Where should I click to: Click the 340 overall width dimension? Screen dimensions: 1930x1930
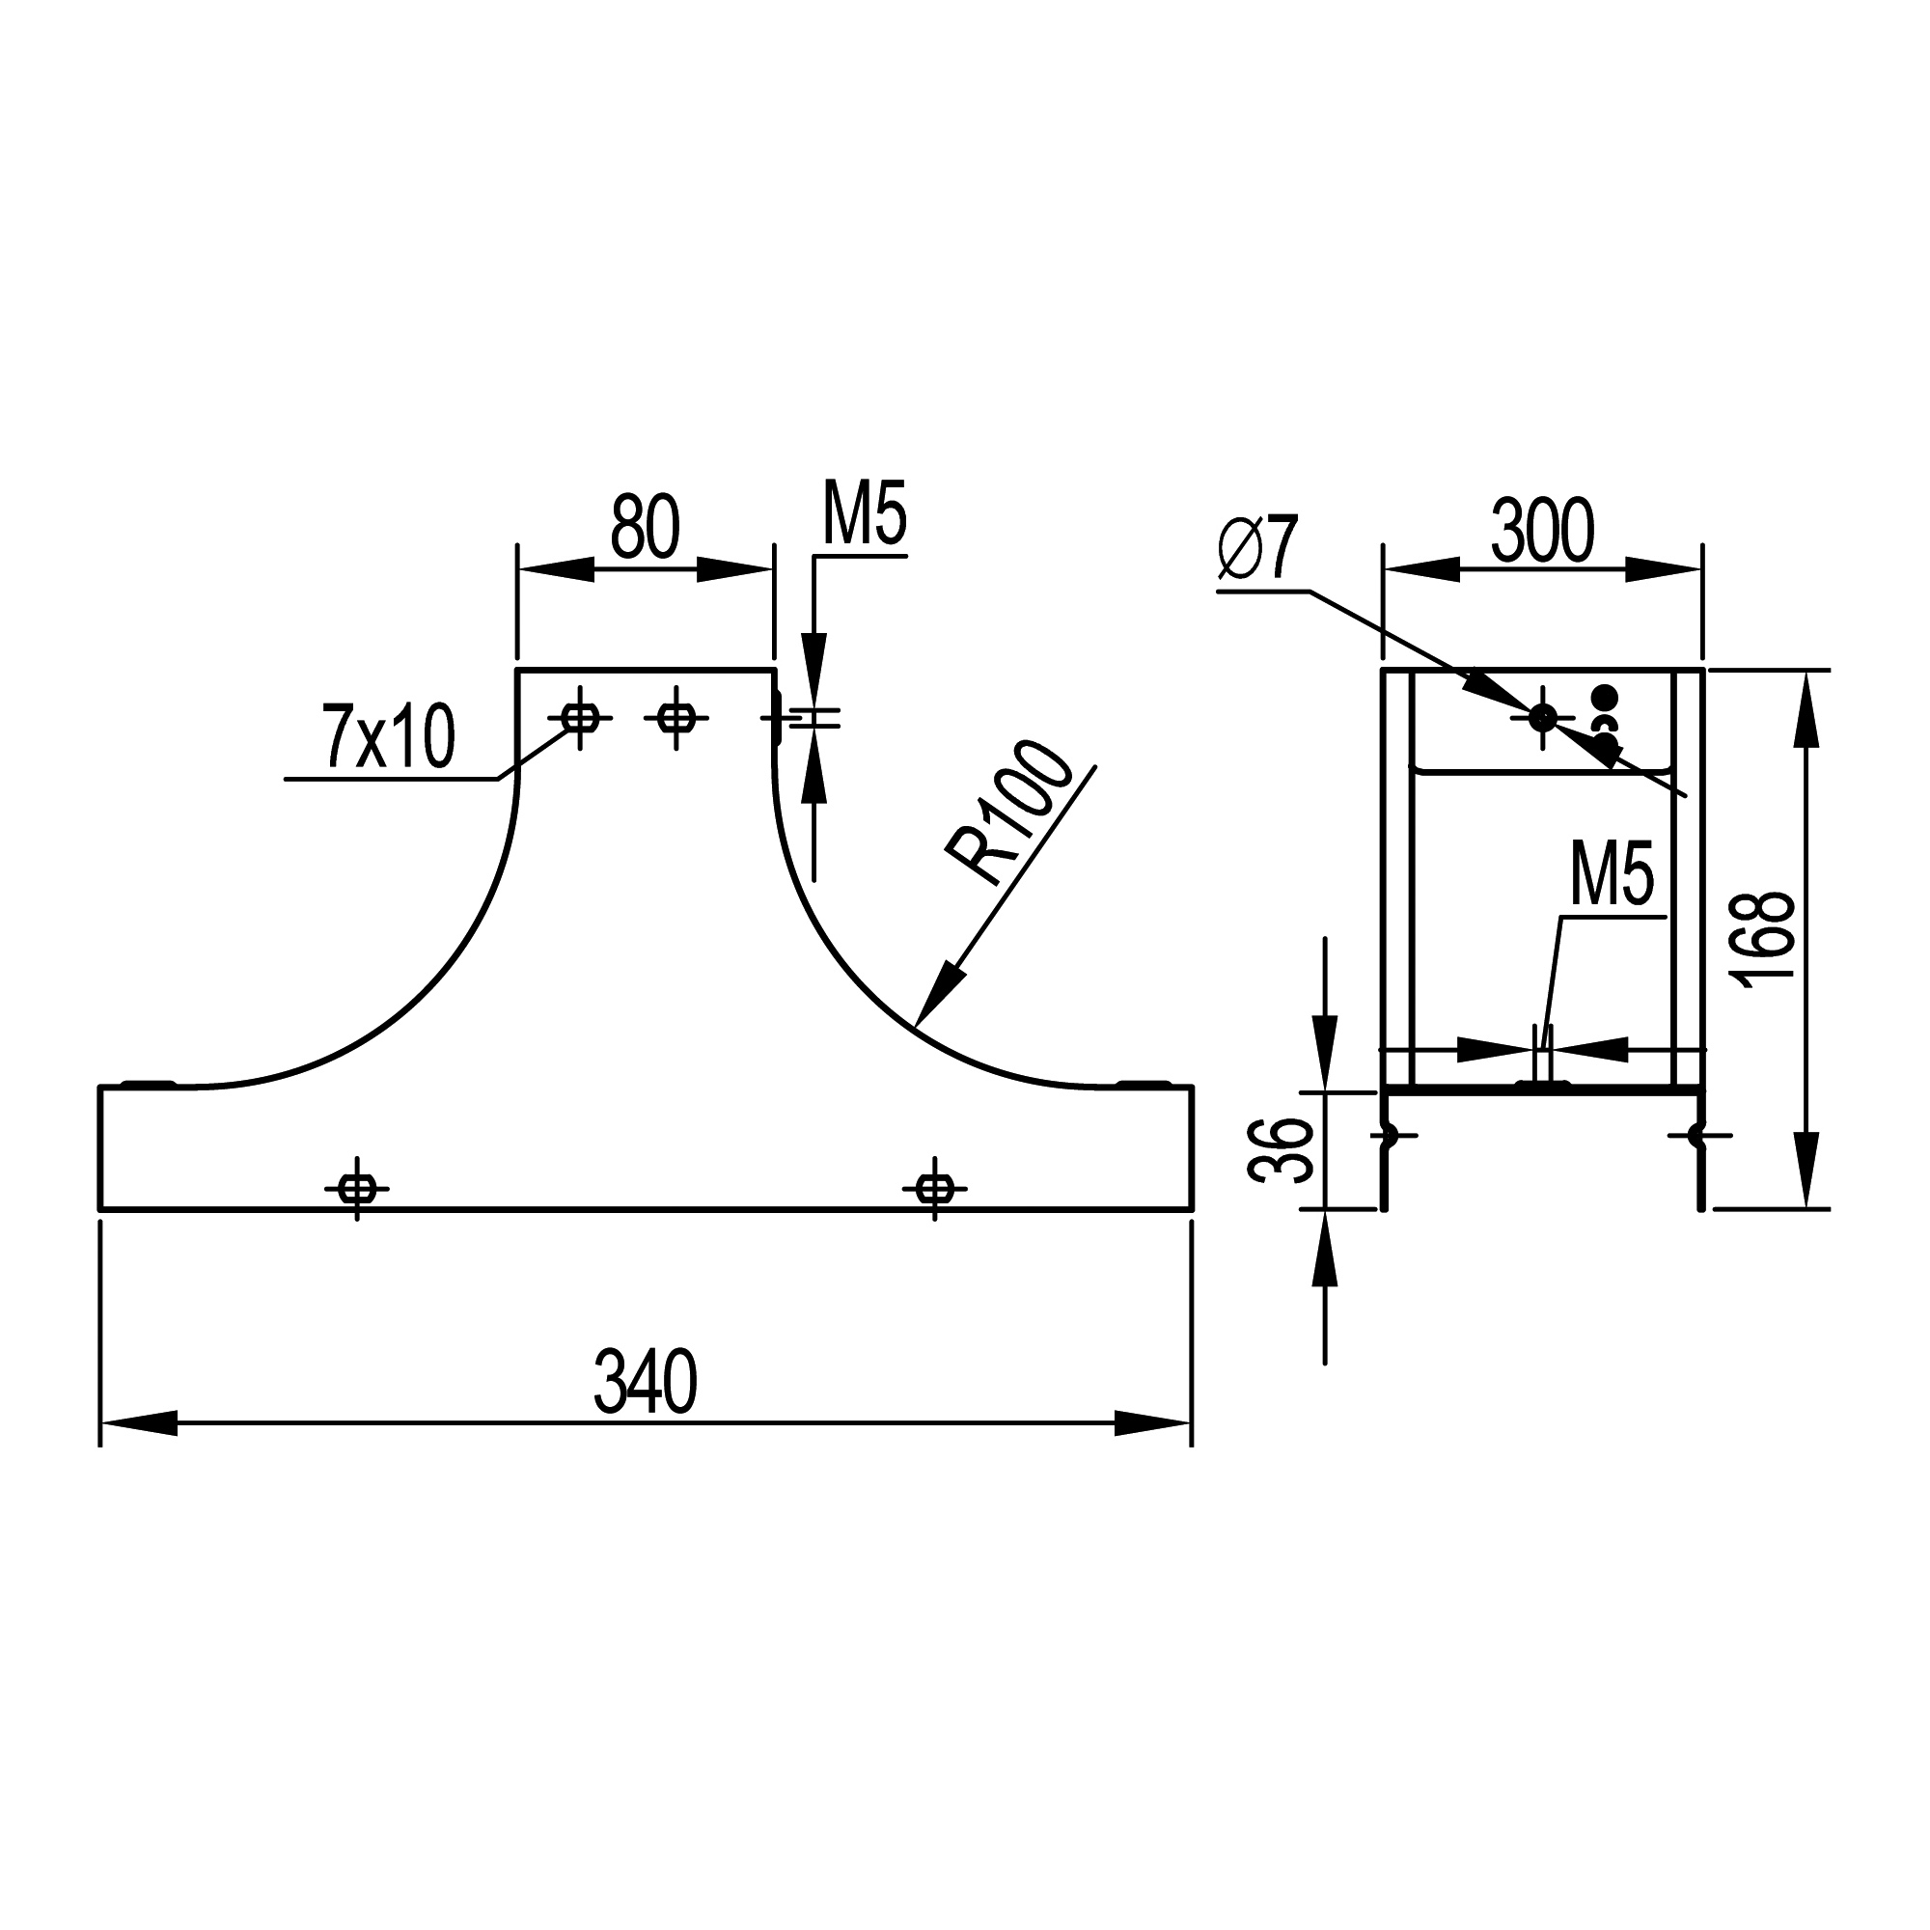pos(646,1383)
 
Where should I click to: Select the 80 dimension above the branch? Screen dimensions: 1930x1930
pos(646,527)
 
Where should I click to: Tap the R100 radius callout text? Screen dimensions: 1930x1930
pos(1009,813)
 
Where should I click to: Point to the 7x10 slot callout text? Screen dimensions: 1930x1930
pos(389,736)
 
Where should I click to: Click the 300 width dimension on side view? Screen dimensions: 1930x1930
pos(1542,532)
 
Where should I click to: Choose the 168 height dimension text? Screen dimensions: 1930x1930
pos(1767,940)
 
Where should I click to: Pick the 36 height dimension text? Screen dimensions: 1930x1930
pos(1282,1150)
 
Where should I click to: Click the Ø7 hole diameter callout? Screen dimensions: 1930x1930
pos(1257,547)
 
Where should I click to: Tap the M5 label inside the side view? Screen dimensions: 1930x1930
pos(1613,874)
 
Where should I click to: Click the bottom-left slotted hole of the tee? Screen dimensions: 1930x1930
pos(357,1189)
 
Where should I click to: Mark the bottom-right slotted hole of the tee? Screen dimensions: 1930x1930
pos(934,1189)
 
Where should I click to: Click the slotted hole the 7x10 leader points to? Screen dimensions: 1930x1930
pos(579,717)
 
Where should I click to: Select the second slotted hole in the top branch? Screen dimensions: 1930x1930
pos(676,717)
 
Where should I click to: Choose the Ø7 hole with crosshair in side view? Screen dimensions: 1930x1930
pos(1542,716)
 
